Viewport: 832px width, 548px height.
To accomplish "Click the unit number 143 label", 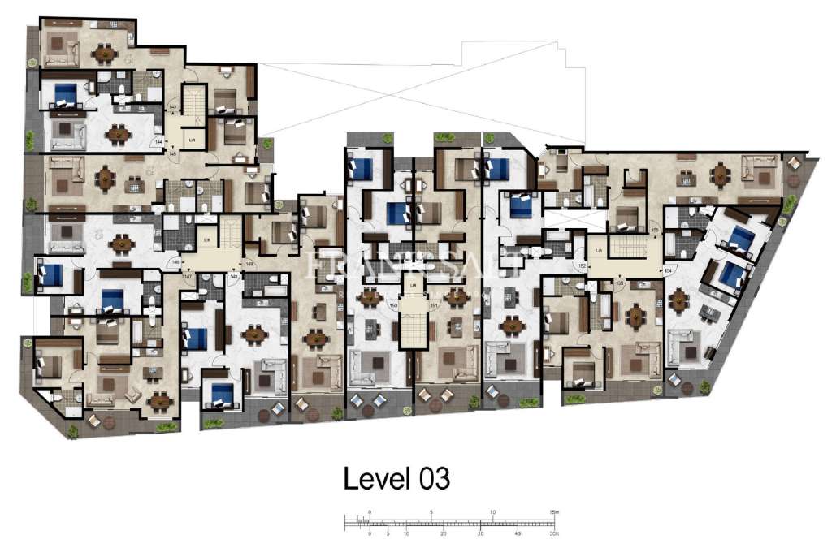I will (172, 108).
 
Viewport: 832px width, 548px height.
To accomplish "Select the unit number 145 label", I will (172, 152).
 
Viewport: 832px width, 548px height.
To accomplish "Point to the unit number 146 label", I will (174, 262).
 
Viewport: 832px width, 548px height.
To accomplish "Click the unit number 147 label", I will (188, 277).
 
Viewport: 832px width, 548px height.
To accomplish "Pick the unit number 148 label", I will (234, 277).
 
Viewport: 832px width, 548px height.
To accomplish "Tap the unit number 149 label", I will (249, 263).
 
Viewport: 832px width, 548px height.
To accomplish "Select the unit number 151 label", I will (434, 305).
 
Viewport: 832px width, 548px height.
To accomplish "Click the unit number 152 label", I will (581, 265).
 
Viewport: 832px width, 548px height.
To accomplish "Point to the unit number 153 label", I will (619, 282).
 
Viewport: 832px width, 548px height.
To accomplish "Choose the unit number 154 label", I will (668, 270).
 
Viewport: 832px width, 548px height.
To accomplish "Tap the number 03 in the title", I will (432, 478).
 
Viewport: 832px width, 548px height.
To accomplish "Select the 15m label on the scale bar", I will (553, 512).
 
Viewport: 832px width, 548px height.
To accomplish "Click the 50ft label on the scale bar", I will (552, 534).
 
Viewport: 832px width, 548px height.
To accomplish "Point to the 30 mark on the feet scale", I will (481, 534).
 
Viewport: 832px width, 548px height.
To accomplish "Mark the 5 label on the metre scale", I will (431, 512).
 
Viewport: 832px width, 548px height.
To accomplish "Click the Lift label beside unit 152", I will (599, 251).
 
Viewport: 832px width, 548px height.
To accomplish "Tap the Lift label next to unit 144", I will (193, 140).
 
